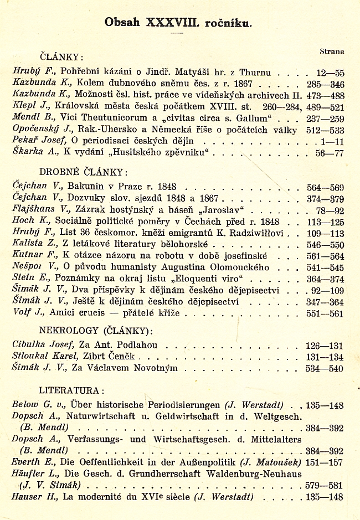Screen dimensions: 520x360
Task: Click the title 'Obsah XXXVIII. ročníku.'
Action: tap(178, 22)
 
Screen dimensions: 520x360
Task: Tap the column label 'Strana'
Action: tap(332, 51)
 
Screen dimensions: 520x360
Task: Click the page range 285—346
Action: tap(325, 84)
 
